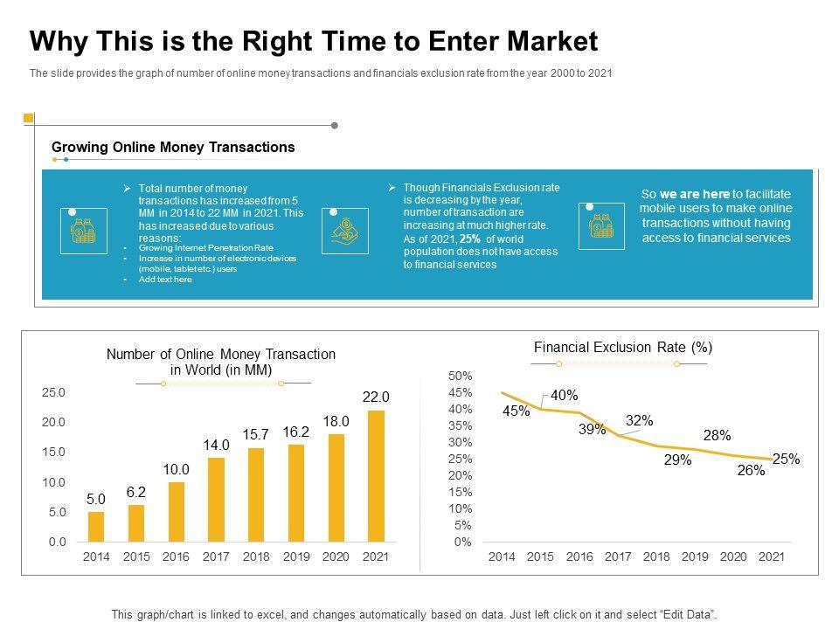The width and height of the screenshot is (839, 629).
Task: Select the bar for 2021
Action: pyautogui.click(x=376, y=476)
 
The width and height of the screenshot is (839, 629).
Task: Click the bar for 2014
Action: pyautogui.click(x=96, y=526)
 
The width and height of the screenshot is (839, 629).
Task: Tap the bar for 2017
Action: pyautogui.click(x=216, y=500)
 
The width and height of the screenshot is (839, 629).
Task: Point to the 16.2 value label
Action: pyautogui.click(x=296, y=432)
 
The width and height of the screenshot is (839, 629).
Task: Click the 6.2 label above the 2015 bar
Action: pyautogui.click(x=136, y=492)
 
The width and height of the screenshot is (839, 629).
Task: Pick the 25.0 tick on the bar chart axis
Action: pyautogui.click(x=53, y=393)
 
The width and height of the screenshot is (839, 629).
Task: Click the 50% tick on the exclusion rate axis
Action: pyautogui.click(x=460, y=376)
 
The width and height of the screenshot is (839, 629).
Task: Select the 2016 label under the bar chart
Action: pyautogui.click(x=176, y=556)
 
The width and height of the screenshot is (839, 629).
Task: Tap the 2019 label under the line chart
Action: pyautogui.click(x=695, y=556)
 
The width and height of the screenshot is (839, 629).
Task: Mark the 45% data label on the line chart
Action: pyautogui.click(x=516, y=411)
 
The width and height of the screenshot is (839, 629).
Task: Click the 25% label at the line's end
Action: pyautogui.click(x=786, y=459)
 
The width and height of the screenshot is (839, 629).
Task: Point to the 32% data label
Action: pyautogui.click(x=639, y=420)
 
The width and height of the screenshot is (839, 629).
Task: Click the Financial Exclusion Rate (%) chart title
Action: pyautogui.click(x=623, y=348)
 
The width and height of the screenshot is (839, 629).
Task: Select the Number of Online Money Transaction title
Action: pyautogui.click(x=221, y=362)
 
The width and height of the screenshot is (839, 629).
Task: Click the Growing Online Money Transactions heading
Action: pyautogui.click(x=173, y=148)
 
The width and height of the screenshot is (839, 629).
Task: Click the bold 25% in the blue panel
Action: pyautogui.click(x=470, y=238)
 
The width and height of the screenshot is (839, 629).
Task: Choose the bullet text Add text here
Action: pyautogui.click(x=165, y=280)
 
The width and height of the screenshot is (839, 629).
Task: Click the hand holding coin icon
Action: pyautogui.click(x=345, y=231)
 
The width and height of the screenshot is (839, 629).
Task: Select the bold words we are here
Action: pyautogui.click(x=694, y=194)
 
